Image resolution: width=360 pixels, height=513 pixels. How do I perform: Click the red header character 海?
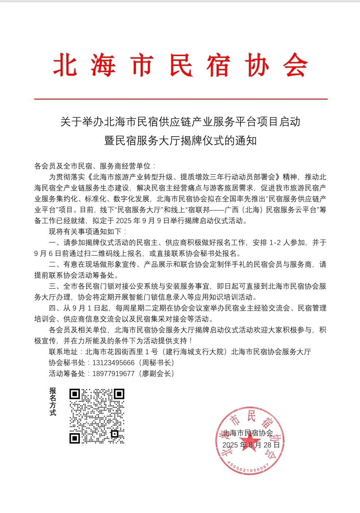(103, 65)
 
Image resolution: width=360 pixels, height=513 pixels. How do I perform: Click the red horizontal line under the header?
(181, 99)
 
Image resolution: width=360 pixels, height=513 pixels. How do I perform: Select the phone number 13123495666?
(113, 363)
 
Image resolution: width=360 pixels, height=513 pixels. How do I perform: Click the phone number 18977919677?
(113, 374)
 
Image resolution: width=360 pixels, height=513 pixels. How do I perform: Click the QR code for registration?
(97, 416)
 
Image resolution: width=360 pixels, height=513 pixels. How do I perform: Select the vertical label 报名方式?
(53, 402)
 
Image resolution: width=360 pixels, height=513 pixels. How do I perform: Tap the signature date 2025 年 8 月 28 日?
(251, 445)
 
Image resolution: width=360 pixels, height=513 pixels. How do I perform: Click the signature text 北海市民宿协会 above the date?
(248, 433)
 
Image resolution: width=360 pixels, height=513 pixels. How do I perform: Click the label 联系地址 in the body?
(63, 352)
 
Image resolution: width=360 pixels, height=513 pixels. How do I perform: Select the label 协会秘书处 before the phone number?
(67, 363)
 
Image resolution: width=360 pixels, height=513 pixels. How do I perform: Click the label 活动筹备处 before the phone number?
(67, 374)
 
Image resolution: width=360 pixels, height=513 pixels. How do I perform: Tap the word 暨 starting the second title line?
(110, 141)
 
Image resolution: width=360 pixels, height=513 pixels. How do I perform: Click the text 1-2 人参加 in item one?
(287, 242)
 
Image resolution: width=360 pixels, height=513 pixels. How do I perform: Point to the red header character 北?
(65, 65)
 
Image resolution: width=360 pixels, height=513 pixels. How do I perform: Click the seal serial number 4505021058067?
(248, 467)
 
